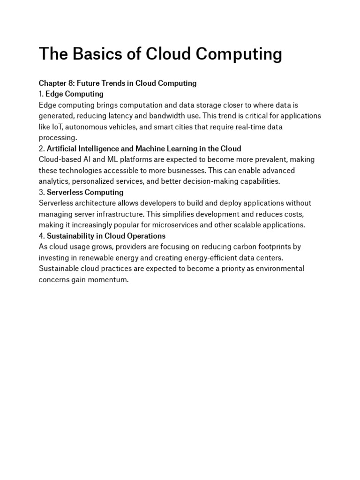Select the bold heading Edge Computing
(x=71, y=94)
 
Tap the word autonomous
(x=93, y=127)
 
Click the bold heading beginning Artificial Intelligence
(x=144, y=149)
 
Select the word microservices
(x=200, y=225)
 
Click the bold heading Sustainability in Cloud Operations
(x=106, y=236)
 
